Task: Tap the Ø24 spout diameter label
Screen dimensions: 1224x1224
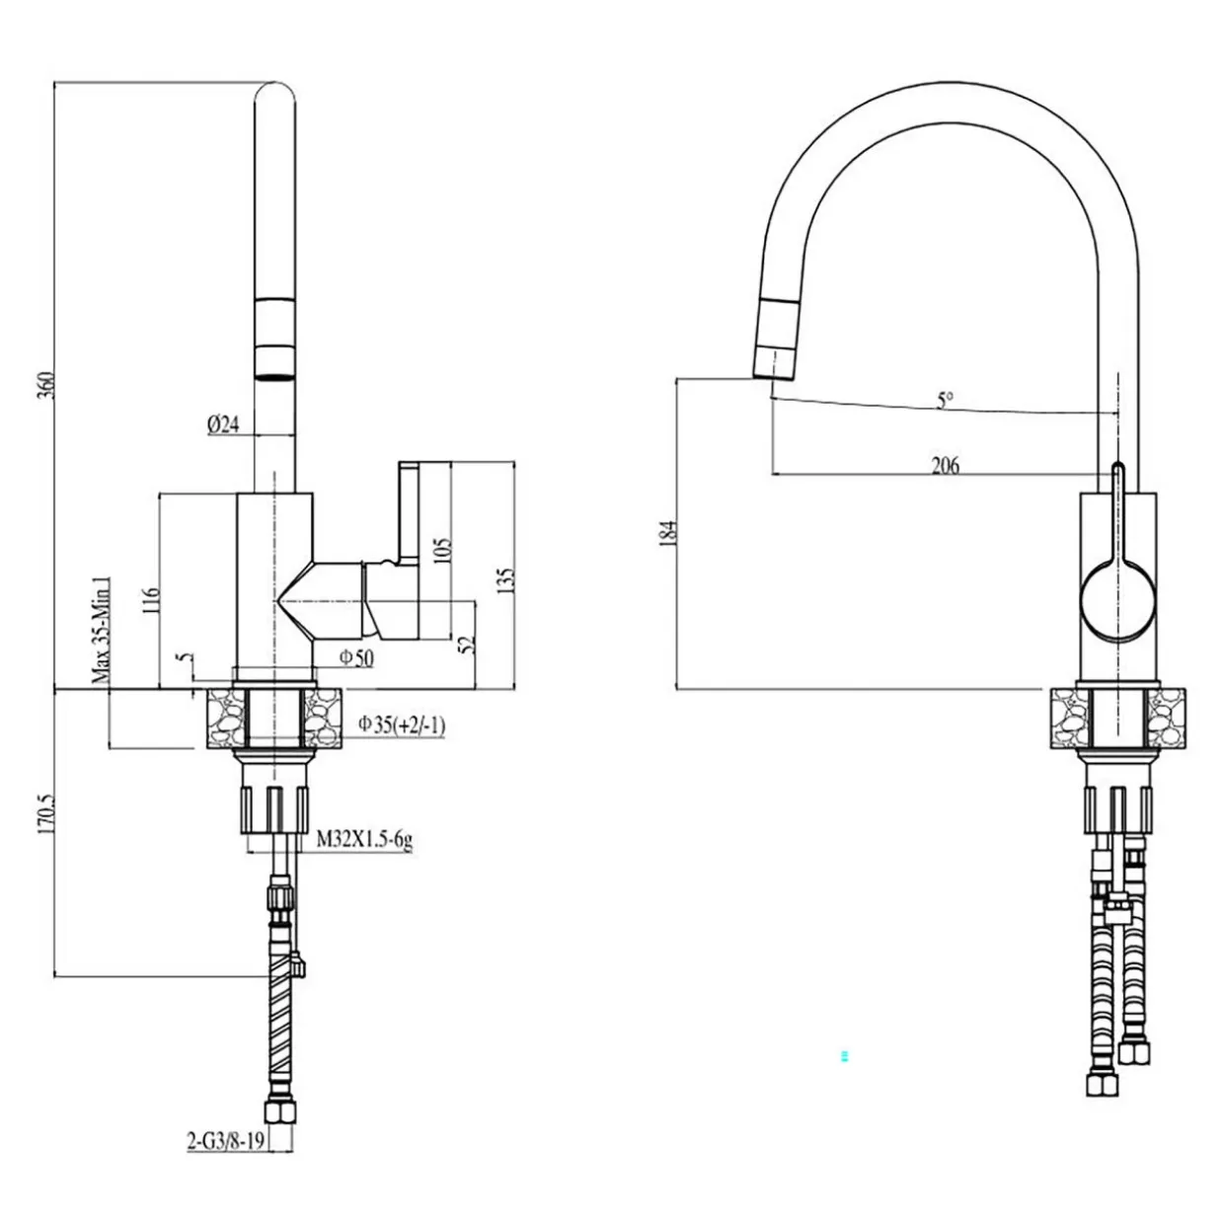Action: click(224, 425)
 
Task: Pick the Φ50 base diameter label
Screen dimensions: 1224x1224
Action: click(356, 658)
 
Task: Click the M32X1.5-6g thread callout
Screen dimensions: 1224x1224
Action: click(364, 841)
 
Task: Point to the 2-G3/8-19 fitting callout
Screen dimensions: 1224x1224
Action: click(224, 1142)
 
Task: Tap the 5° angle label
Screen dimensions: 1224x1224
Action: click(946, 401)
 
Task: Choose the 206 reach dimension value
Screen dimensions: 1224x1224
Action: click(945, 465)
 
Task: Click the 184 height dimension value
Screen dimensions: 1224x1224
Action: click(670, 534)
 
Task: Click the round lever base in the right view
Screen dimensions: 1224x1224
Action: click(1117, 599)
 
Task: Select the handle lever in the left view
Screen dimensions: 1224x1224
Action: click(409, 512)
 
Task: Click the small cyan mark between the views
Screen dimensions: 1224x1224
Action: click(844, 1056)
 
